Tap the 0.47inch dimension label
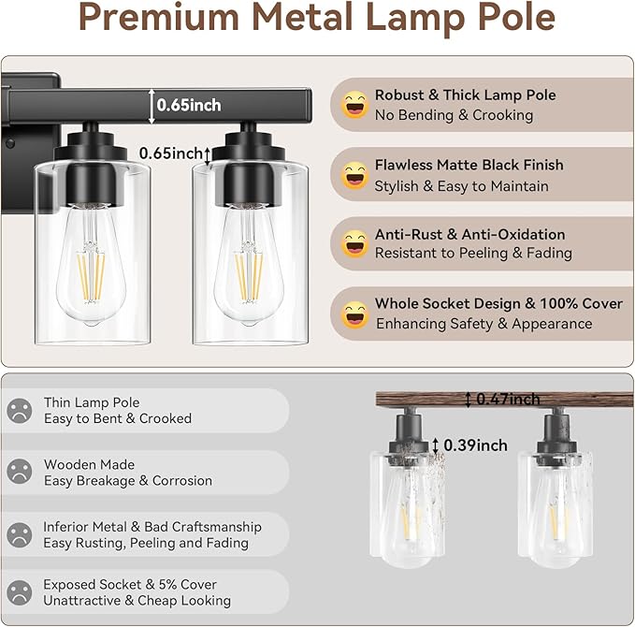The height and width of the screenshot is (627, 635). pos(511,399)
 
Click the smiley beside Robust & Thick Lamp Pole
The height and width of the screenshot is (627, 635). pos(355,105)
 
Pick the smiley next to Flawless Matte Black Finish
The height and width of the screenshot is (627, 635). pos(355,175)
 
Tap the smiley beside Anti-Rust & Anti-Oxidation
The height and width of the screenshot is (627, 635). pos(355,244)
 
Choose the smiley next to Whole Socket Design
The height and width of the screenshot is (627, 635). pos(355,314)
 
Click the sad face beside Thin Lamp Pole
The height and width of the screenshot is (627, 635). pos(20,411)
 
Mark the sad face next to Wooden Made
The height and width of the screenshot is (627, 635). pos(20,473)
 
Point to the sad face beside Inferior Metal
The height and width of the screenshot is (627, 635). pos(20,534)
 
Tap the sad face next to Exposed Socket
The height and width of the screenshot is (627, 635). pos(20,592)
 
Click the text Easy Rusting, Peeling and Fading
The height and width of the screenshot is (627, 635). pos(146,543)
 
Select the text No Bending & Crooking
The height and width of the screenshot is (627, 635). pos(454,115)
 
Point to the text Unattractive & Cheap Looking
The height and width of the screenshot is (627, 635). pos(137,601)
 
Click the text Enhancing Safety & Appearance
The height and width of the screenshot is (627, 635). pos(483,324)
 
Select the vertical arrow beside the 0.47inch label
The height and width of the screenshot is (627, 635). pos(469,400)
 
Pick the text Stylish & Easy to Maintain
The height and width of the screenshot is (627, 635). pos(462,186)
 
